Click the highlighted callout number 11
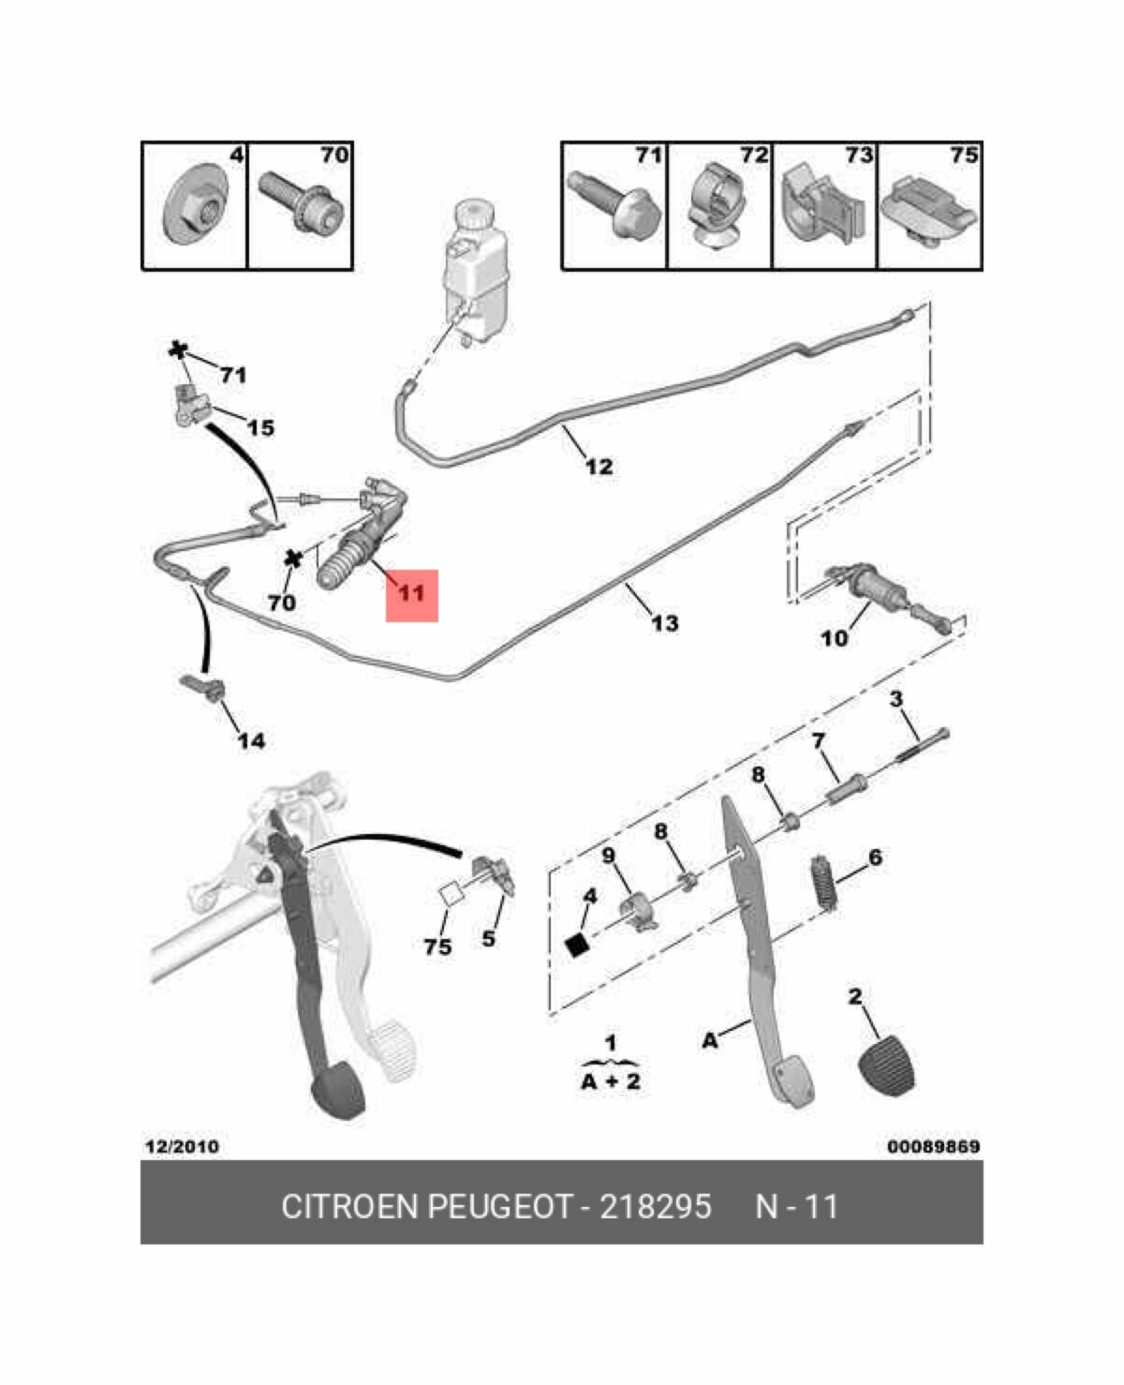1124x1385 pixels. tap(411, 594)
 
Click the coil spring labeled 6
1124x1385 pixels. tap(824, 883)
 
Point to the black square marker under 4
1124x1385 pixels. tap(579, 945)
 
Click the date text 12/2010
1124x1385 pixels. tap(182, 1146)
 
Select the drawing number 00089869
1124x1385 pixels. tap(933, 1146)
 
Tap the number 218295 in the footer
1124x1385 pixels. tap(655, 1205)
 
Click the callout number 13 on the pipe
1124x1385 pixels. tap(664, 622)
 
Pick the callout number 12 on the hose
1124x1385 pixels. tap(599, 466)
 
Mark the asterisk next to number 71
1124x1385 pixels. tap(177, 350)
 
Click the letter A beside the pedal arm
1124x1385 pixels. tap(710, 1040)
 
